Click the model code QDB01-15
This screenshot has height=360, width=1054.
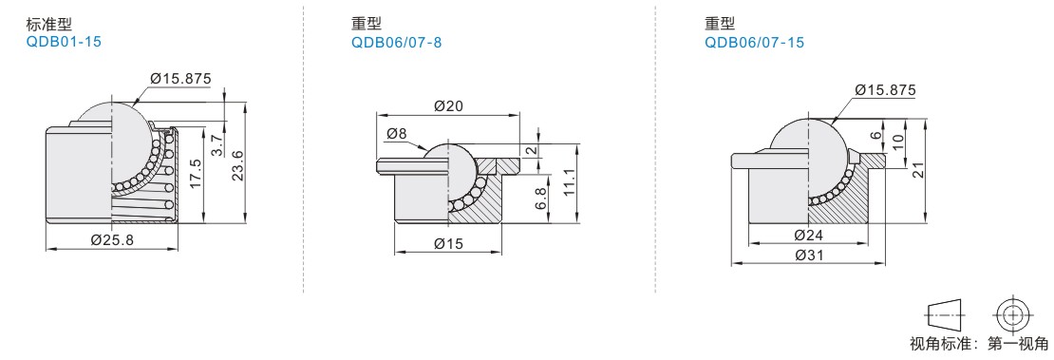pos(64,42)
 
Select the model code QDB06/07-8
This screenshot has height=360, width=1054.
pos(396,43)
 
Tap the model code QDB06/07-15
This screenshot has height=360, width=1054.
pos(754,43)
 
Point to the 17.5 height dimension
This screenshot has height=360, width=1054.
pos(197,174)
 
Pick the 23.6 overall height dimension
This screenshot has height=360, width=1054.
pos(235,165)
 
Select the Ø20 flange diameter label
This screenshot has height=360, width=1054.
pos(448,105)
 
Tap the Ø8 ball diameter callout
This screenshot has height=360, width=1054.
pos(397,134)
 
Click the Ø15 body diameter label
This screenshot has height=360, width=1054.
pos(449,243)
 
